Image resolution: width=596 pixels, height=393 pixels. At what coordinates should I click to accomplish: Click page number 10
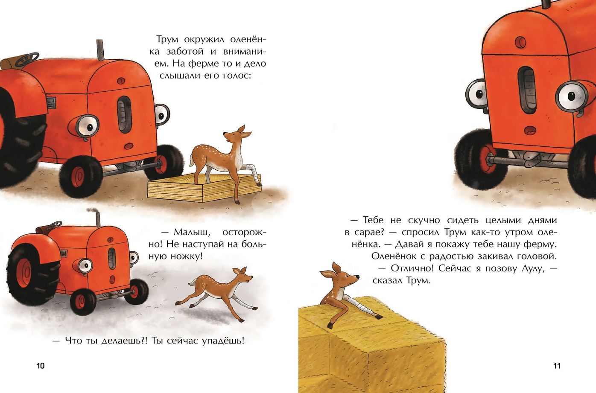pos(41,366)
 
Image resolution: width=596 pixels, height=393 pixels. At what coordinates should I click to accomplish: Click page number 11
pos(557,366)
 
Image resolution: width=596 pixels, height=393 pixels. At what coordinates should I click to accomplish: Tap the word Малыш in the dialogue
pos(192,232)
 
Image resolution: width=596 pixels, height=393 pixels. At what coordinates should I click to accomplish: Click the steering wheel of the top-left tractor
pos(27,59)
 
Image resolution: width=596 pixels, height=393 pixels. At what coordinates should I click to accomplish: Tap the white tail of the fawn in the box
pos(192,162)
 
